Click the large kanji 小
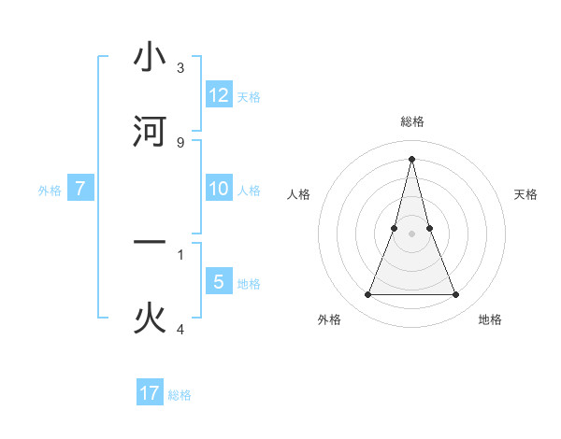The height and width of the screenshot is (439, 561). (150, 58)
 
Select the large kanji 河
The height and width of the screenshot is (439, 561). (150, 131)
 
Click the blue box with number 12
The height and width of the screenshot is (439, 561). (219, 95)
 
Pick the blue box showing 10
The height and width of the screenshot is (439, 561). (219, 189)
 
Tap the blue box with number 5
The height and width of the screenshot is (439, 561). (219, 282)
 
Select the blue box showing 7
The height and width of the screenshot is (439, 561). (80, 189)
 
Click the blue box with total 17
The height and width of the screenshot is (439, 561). (150, 393)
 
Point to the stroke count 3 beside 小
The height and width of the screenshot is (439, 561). (180, 68)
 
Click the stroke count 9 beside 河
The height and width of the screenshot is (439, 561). (180, 142)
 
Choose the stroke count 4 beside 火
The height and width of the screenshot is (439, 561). (180, 329)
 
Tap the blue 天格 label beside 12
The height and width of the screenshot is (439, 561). (249, 97)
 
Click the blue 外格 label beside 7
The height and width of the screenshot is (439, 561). (50, 191)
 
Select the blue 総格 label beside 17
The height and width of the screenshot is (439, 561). (180, 395)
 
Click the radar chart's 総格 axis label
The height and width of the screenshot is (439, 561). (411, 121)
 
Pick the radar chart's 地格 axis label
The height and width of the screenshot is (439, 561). (490, 319)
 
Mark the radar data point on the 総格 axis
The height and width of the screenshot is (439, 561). (411, 158)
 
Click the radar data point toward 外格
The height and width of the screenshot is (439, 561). (367, 295)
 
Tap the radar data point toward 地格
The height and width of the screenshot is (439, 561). (456, 295)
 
